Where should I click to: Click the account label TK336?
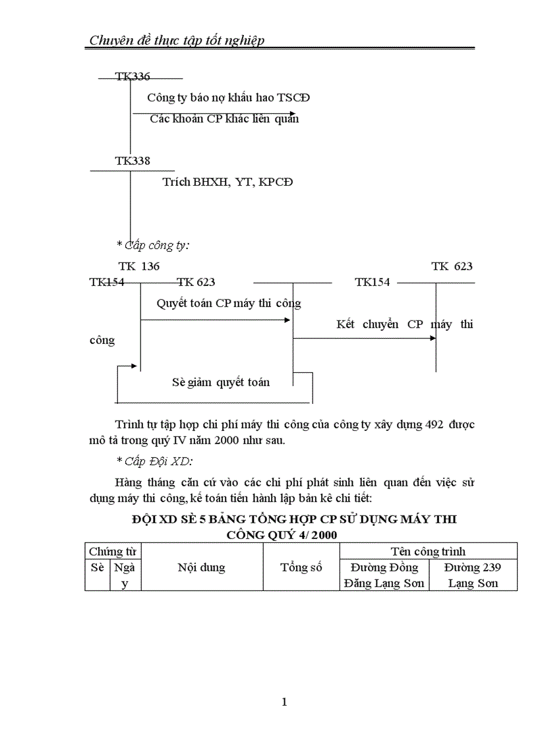point(132,77)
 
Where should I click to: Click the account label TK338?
point(132,161)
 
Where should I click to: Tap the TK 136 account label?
point(139,266)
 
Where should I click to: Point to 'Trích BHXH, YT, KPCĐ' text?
point(227,182)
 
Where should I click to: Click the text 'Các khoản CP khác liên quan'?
point(224,119)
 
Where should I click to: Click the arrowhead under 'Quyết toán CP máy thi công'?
point(287,320)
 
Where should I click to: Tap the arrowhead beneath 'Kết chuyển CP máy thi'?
point(433,338)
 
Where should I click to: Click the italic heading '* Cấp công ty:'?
point(153,245)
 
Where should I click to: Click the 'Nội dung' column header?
point(201,567)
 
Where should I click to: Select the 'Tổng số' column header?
point(301,567)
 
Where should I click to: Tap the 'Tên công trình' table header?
point(427,551)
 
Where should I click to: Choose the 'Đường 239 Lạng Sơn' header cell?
point(473,575)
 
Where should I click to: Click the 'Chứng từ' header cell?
point(112,551)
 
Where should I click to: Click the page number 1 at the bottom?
point(284,702)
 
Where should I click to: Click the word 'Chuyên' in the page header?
point(110,40)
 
